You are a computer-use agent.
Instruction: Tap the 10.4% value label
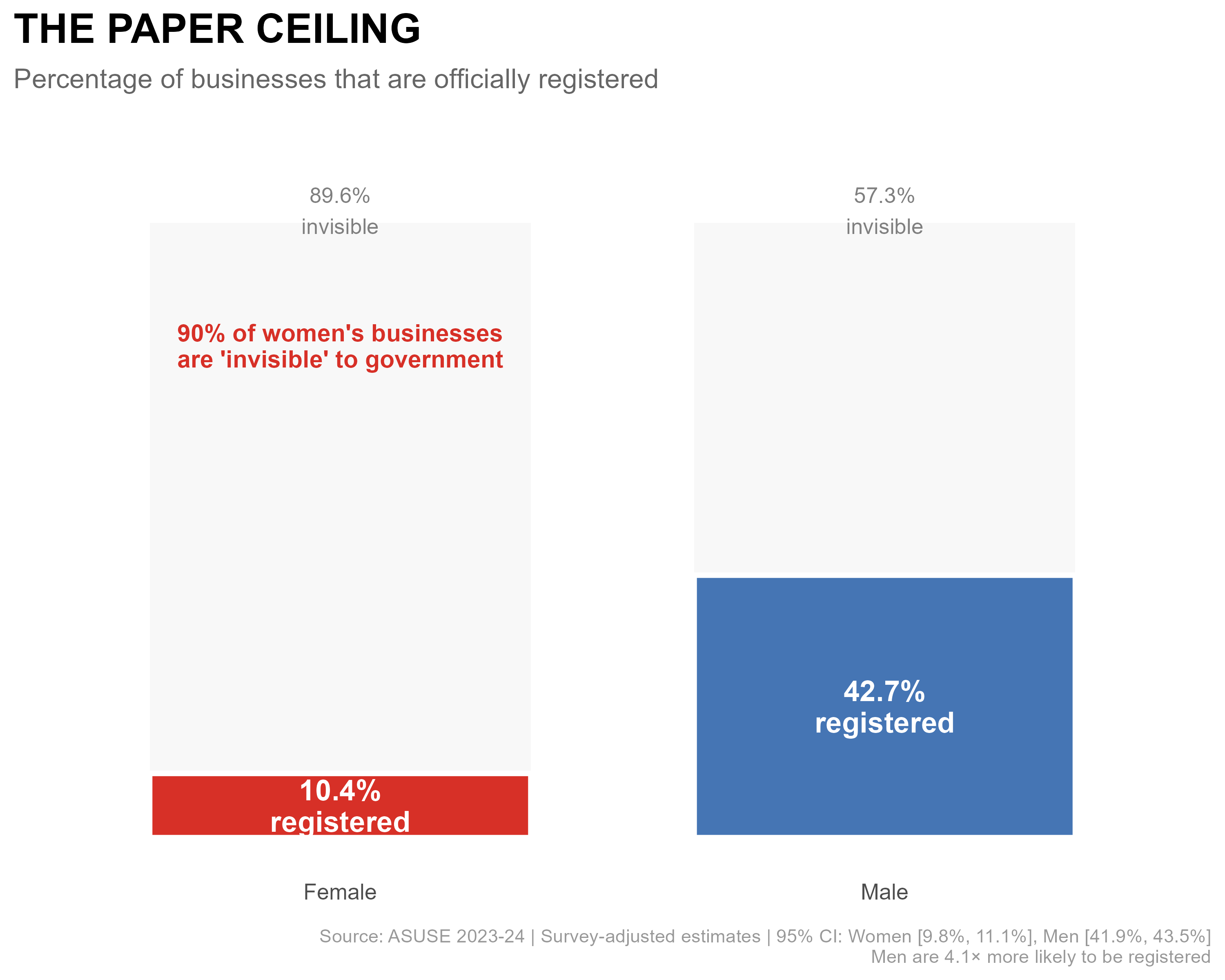(340, 791)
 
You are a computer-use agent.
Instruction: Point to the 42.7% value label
(884, 692)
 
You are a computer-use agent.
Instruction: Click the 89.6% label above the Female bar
(340, 196)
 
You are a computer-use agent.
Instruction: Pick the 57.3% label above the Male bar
(884, 196)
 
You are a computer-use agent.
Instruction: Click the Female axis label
(340, 892)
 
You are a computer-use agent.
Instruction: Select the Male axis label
(884, 892)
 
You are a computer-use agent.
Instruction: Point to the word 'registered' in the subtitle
(598, 80)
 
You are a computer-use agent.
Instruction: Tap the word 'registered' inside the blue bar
(884, 723)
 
